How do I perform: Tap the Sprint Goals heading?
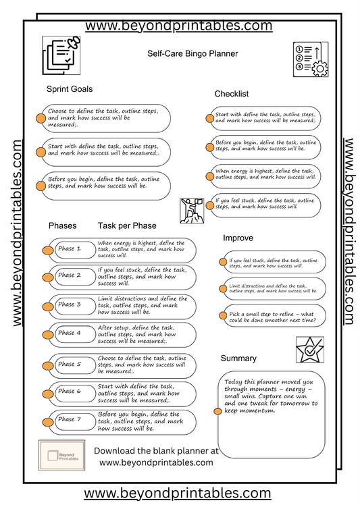pos(70,89)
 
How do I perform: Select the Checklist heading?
pos(232,94)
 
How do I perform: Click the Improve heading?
pos(238,238)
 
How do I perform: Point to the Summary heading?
pos(238,358)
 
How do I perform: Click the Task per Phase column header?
pos(127,225)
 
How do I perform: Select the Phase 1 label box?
pos(70,249)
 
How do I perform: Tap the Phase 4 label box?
pos(70,333)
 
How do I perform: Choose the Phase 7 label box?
pos(70,419)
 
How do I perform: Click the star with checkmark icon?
pos(309,350)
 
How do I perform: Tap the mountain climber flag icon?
pos(192,211)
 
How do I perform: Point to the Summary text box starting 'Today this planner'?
pos(271,405)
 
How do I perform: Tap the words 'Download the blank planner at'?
pos(156,450)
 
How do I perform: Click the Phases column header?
pos(62,225)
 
